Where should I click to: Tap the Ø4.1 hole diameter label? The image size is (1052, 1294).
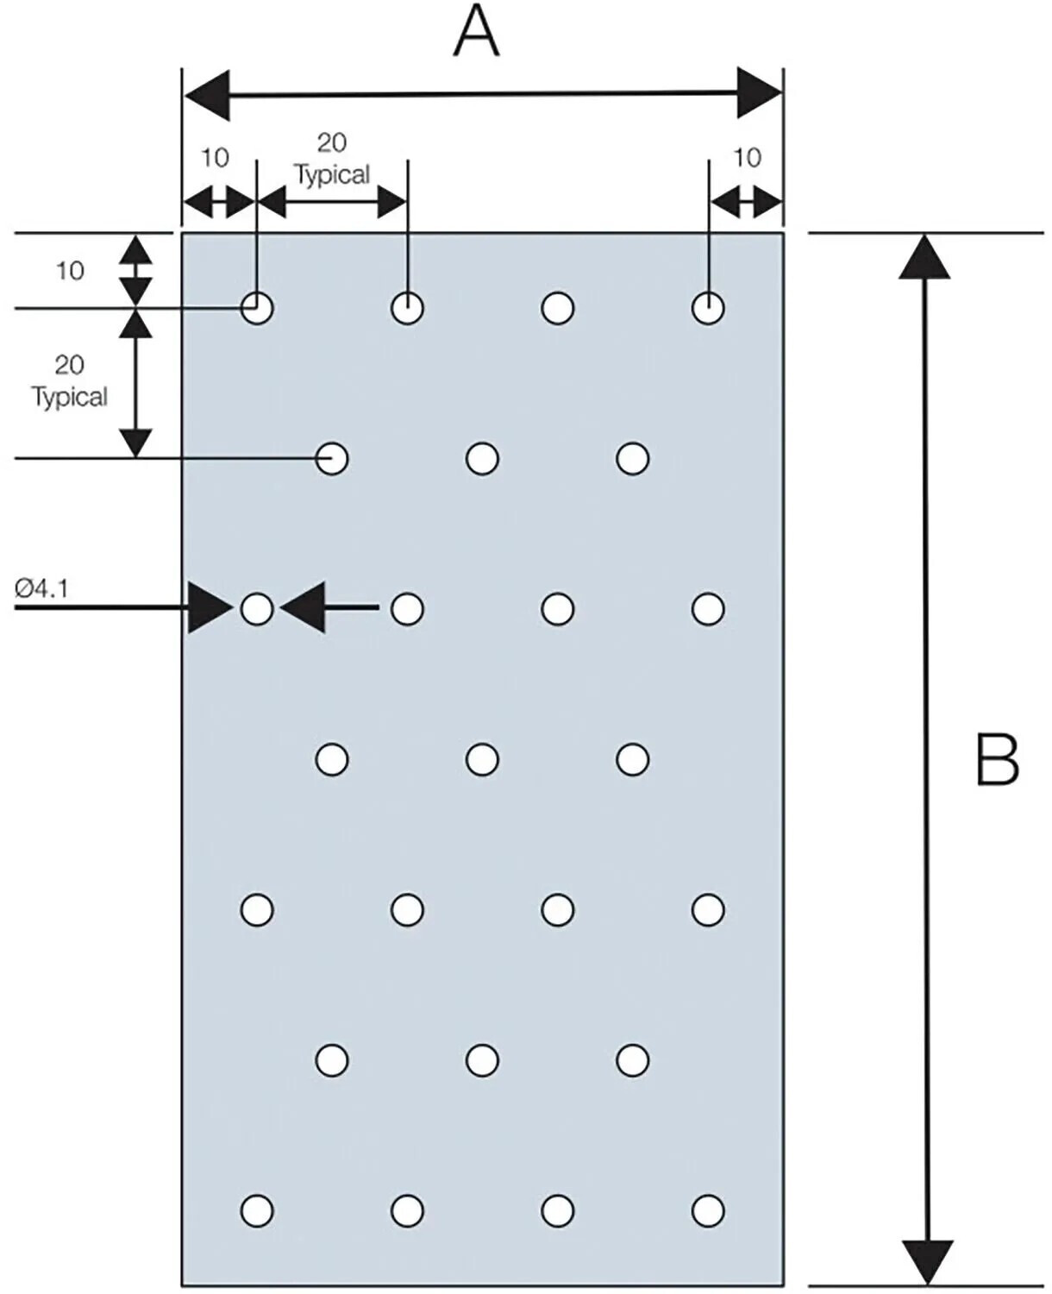(42, 588)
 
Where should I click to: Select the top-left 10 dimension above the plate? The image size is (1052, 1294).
(215, 158)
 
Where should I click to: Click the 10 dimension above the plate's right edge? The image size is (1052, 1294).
(748, 158)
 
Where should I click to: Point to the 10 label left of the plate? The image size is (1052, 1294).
(70, 271)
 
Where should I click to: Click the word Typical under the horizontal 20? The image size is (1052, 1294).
(333, 175)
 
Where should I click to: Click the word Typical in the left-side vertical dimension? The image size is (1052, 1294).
(70, 397)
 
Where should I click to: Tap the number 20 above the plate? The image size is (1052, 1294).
(332, 142)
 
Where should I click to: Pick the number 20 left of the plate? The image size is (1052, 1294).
(69, 365)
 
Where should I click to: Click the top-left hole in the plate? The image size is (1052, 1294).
(257, 308)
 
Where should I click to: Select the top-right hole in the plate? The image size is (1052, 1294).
(708, 308)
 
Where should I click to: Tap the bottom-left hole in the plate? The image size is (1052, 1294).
(257, 1211)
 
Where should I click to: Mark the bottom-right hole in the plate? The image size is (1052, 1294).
(708, 1211)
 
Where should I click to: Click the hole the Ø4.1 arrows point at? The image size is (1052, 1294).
(257, 609)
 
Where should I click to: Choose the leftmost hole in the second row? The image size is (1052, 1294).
(332, 458)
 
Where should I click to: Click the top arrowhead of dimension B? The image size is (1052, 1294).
(924, 258)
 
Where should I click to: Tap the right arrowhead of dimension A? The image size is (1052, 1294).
(760, 93)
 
